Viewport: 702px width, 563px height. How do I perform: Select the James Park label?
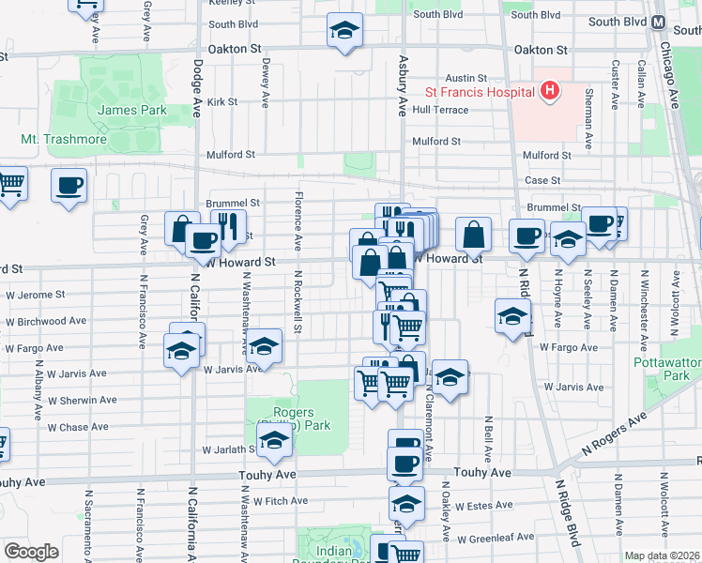(x=131, y=110)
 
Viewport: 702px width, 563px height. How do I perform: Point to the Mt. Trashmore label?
(x=64, y=140)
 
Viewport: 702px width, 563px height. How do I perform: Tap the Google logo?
(x=31, y=552)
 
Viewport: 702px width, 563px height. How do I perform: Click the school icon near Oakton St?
(x=344, y=32)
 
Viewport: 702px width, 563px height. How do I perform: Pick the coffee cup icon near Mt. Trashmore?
(x=69, y=185)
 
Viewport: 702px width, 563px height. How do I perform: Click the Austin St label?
(x=466, y=78)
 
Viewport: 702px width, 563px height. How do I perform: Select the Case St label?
(x=542, y=180)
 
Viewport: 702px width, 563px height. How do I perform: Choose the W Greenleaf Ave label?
(x=494, y=540)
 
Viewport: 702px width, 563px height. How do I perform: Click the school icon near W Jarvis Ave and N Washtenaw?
(x=265, y=346)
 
